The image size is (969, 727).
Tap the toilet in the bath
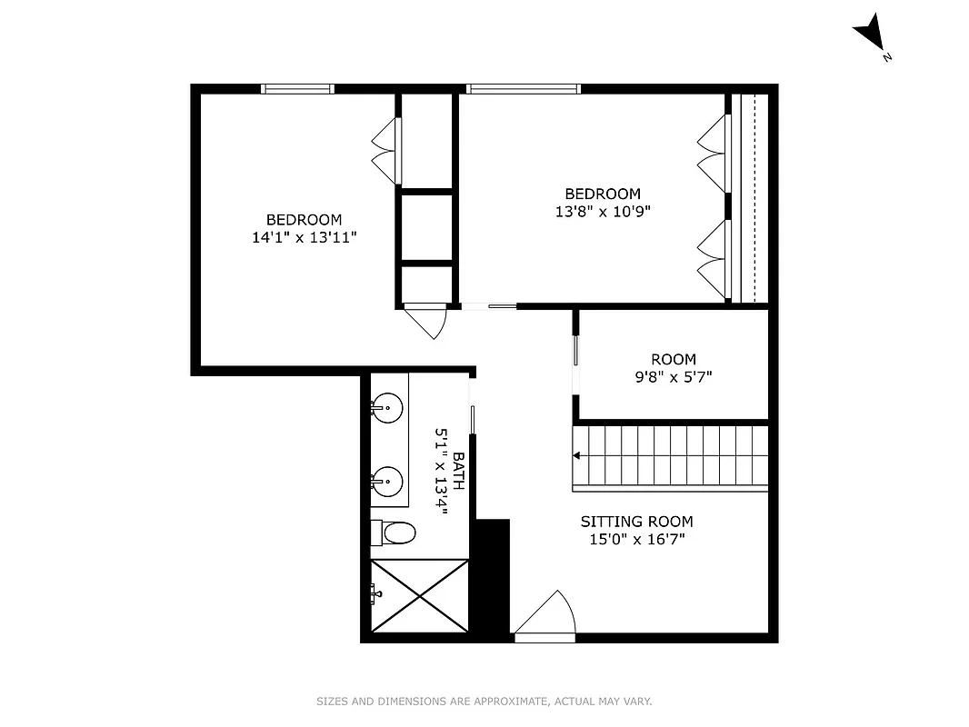click(395, 532)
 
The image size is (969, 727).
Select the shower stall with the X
click(419, 595)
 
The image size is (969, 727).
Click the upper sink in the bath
click(387, 408)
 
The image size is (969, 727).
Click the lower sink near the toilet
click(387, 479)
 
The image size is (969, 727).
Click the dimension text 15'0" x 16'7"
click(636, 539)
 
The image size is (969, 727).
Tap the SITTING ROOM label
click(636, 522)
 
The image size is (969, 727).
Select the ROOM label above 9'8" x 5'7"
click(673, 359)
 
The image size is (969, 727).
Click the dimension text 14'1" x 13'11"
click(304, 237)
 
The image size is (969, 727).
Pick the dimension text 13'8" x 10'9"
click(603, 211)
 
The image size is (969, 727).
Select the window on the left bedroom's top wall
click(297, 88)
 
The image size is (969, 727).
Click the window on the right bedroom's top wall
click(523, 88)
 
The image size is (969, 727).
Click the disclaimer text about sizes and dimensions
click(484, 702)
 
